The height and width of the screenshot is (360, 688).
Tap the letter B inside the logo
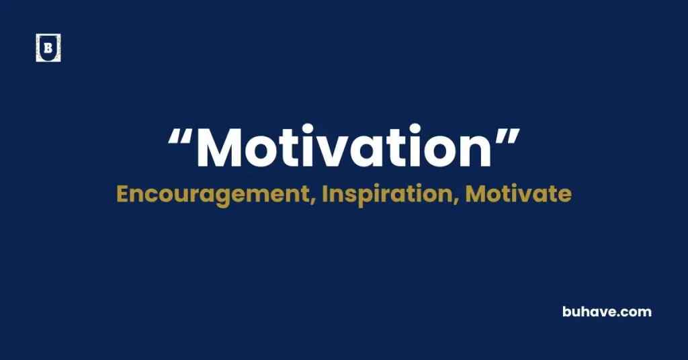coord(48,48)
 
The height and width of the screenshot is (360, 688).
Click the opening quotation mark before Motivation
coord(179,139)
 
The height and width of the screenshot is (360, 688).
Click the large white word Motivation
coord(344,149)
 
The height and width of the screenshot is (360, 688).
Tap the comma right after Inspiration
coord(459,201)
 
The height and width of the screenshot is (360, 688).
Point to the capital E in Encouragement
coord(122,193)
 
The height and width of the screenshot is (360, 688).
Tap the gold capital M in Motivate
coord(476,193)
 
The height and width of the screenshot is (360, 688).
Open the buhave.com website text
coord(607,312)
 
